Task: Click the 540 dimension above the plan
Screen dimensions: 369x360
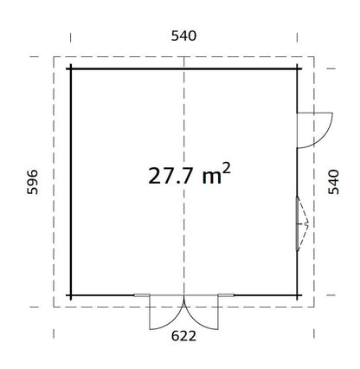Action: point(184,36)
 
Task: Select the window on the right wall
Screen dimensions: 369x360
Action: point(299,223)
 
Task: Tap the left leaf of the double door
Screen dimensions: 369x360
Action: point(164,313)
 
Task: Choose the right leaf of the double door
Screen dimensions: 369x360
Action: point(200,313)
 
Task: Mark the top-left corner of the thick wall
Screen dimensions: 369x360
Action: point(71,68)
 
